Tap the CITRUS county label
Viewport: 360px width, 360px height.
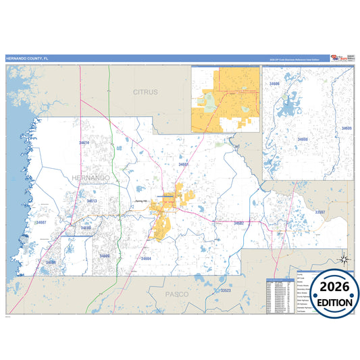pos(145,92)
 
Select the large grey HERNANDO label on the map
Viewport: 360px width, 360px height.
pos(88,177)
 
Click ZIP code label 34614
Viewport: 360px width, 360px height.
pos(84,143)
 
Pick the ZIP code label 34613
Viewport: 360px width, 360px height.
pos(92,201)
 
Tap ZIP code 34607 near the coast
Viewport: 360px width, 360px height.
pos(42,222)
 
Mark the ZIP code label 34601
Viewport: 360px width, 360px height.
pos(184,164)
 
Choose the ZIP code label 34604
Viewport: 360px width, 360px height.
pos(147,259)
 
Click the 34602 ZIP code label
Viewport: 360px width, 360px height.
pos(238,223)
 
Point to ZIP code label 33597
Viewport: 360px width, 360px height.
pos(321,212)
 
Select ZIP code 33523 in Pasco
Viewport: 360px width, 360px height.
pos(226,290)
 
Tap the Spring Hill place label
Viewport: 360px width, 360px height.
pos(140,201)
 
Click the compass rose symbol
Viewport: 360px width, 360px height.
pos(344,259)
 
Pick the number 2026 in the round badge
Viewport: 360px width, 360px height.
pos(330,288)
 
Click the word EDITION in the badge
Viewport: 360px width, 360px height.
pos(330,303)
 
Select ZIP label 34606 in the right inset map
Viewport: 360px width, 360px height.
pos(274,84)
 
